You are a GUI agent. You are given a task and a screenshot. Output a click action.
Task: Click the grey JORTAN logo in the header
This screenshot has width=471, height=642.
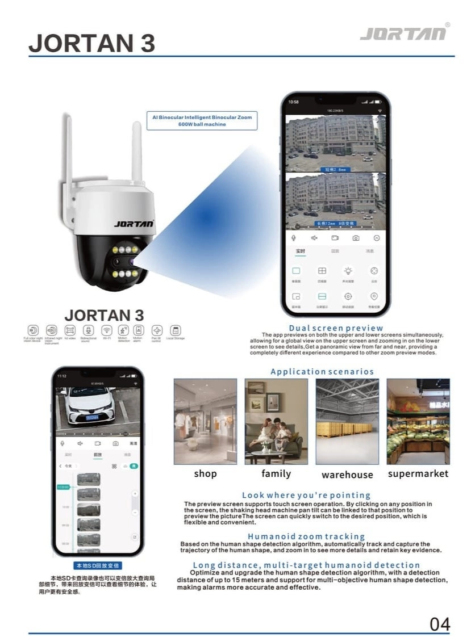click(403, 33)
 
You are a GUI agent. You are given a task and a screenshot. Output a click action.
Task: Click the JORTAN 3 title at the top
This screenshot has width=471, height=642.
click(91, 43)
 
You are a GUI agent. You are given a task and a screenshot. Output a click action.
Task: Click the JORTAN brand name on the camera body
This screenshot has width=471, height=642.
click(134, 224)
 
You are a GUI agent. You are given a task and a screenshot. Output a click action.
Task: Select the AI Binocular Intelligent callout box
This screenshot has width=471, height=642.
click(202, 120)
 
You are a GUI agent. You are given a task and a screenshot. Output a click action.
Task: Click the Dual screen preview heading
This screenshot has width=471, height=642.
click(336, 328)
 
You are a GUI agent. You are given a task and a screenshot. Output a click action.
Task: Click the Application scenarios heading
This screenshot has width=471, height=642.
click(322, 371)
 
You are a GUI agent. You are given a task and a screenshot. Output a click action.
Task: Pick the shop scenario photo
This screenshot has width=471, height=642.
click(205, 421)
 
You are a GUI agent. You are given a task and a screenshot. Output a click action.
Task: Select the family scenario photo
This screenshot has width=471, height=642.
click(276, 421)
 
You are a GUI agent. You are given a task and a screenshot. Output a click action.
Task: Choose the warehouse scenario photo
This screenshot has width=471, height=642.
click(347, 421)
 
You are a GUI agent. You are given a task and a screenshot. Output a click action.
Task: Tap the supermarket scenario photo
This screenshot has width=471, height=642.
click(418, 421)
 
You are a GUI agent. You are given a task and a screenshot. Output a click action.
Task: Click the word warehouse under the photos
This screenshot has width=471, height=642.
click(347, 475)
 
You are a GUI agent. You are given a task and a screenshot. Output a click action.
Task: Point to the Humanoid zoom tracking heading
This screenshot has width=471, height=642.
click(306, 536)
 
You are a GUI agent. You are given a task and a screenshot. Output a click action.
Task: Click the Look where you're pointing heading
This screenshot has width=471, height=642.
click(306, 495)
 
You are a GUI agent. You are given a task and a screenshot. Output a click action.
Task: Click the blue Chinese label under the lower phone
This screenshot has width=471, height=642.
click(98, 565)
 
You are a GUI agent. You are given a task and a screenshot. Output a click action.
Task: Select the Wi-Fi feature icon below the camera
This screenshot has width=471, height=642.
click(106, 330)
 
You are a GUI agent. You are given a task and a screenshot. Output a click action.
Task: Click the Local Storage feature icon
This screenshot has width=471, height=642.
click(176, 330)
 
